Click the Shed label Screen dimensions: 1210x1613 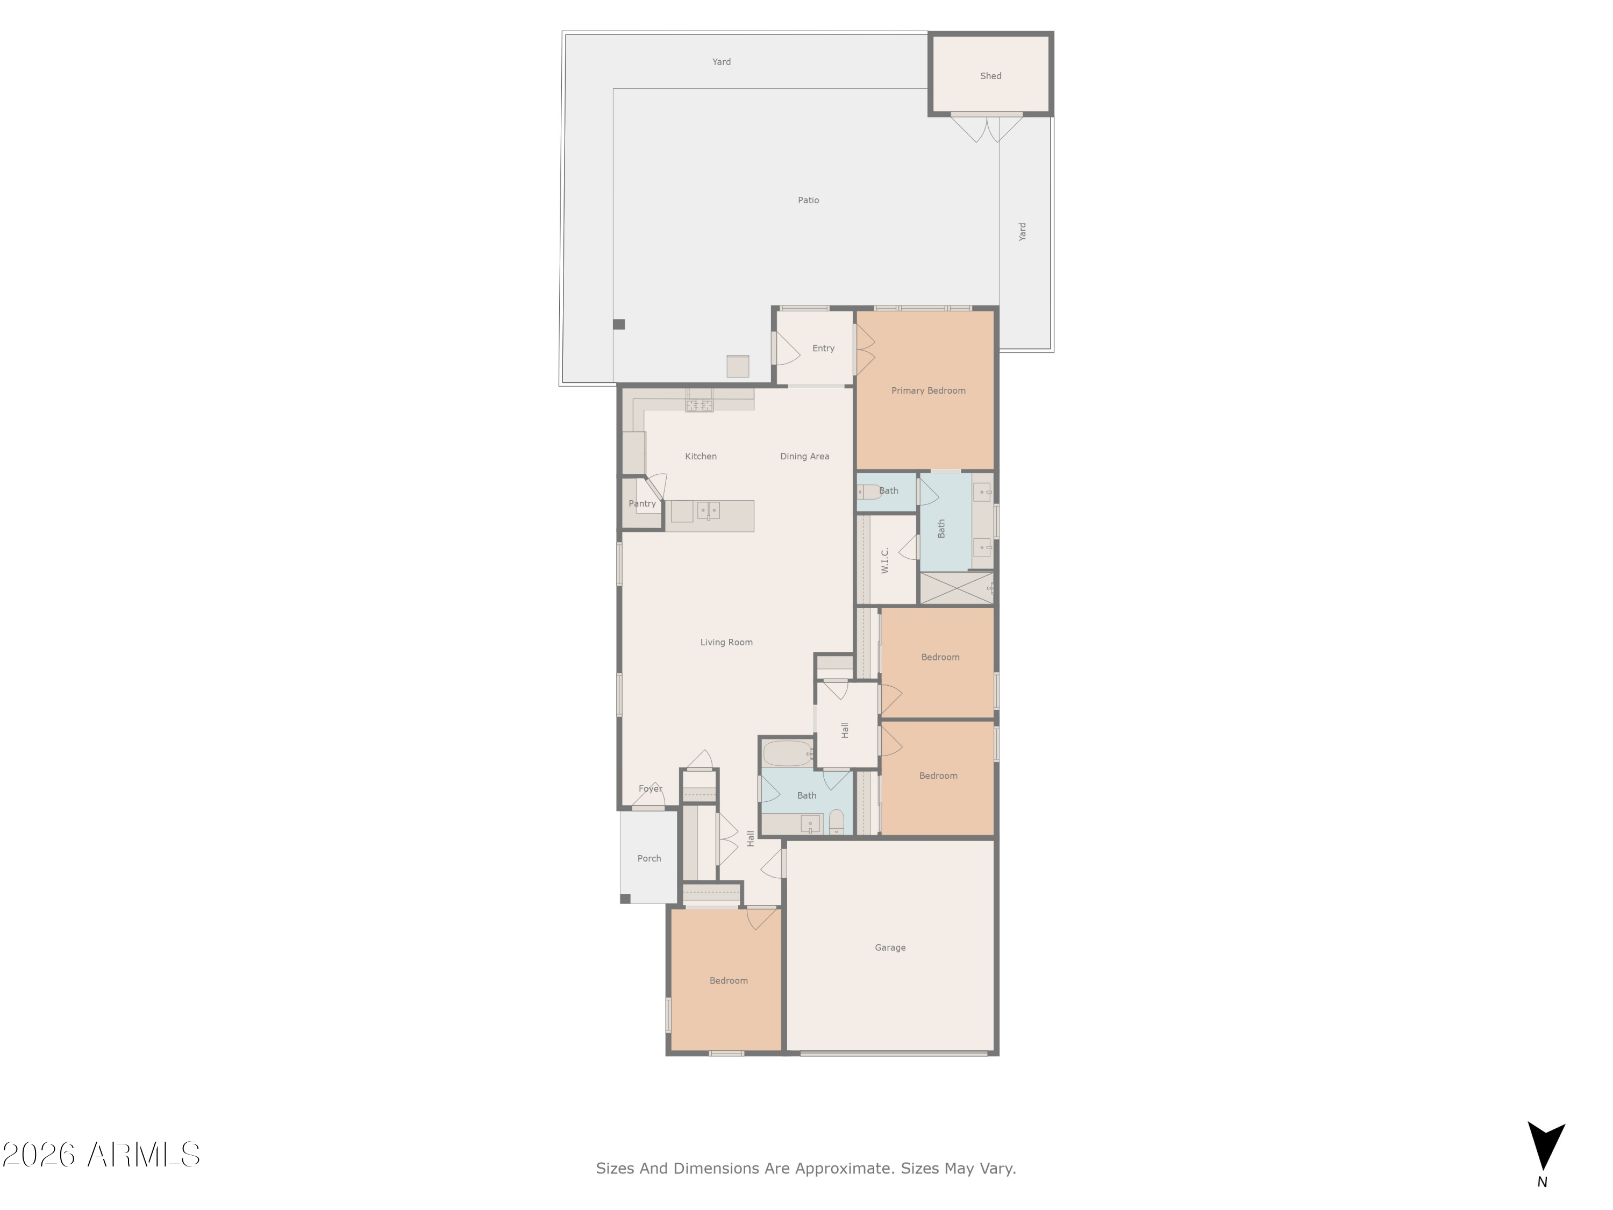pos(990,76)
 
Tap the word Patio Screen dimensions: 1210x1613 pos(808,200)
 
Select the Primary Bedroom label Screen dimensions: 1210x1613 pos(927,391)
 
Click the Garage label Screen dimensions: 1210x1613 pos(890,948)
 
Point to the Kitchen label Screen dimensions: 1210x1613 pos(700,457)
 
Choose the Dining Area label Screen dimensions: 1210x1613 pos(804,457)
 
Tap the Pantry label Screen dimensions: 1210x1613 pos(641,504)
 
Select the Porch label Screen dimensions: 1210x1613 pos(649,858)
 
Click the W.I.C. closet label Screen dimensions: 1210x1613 pos(884,560)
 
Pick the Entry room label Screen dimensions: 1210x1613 pos(823,348)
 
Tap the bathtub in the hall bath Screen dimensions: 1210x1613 pos(787,753)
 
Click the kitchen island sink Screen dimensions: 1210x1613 pos(708,510)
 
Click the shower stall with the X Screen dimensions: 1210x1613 pos(956,588)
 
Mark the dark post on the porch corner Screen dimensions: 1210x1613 pos(625,899)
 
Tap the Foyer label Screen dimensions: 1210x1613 pos(650,789)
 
